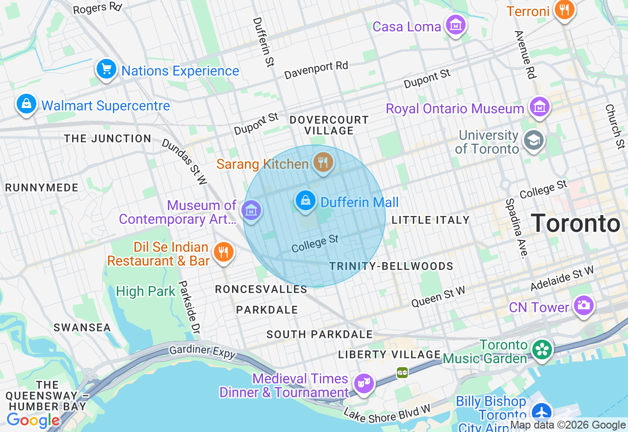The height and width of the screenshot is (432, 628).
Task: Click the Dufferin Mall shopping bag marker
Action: click(306, 201)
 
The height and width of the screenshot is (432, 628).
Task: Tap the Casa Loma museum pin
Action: click(455, 24)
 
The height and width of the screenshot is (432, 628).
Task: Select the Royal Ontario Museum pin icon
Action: click(539, 107)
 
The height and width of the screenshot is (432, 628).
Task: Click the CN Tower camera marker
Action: click(583, 305)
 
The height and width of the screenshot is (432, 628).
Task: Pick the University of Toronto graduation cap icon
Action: click(534, 140)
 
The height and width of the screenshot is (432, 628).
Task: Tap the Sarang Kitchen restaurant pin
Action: click(323, 162)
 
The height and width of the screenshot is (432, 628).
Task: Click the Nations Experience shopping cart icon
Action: click(106, 69)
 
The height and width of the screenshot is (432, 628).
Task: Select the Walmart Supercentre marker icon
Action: click(26, 104)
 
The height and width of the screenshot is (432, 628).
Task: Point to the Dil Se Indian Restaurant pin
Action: click(223, 252)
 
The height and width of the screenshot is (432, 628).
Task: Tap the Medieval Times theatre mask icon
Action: click(364, 383)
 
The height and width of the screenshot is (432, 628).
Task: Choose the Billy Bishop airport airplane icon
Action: click(541, 411)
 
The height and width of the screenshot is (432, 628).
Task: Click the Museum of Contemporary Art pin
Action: click(251, 211)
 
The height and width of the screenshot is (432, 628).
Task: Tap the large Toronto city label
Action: click(575, 223)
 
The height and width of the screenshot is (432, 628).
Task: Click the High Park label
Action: click(145, 291)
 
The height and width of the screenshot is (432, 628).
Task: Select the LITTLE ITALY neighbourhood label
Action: click(430, 220)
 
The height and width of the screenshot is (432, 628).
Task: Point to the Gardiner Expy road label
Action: click(202, 351)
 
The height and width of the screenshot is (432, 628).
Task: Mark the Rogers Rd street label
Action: click(97, 8)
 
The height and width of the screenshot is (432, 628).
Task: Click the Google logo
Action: click(33, 420)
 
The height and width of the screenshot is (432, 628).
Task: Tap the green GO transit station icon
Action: click(402, 373)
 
